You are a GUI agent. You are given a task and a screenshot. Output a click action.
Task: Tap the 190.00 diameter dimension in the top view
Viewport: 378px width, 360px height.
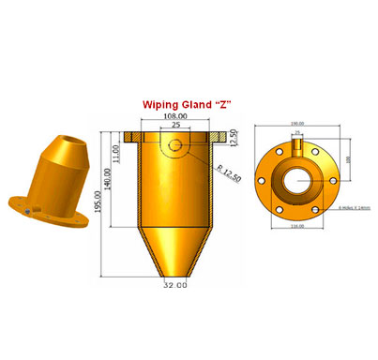pos(297,123)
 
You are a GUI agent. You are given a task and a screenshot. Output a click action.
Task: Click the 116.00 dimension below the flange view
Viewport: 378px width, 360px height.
pos(297,226)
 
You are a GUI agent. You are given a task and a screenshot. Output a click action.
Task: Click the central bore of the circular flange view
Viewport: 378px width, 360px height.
pos(297,173)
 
